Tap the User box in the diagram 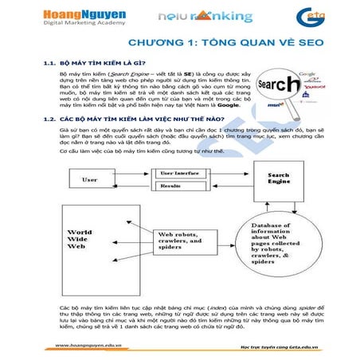coord(89,180)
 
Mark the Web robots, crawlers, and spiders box coord(184,239)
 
